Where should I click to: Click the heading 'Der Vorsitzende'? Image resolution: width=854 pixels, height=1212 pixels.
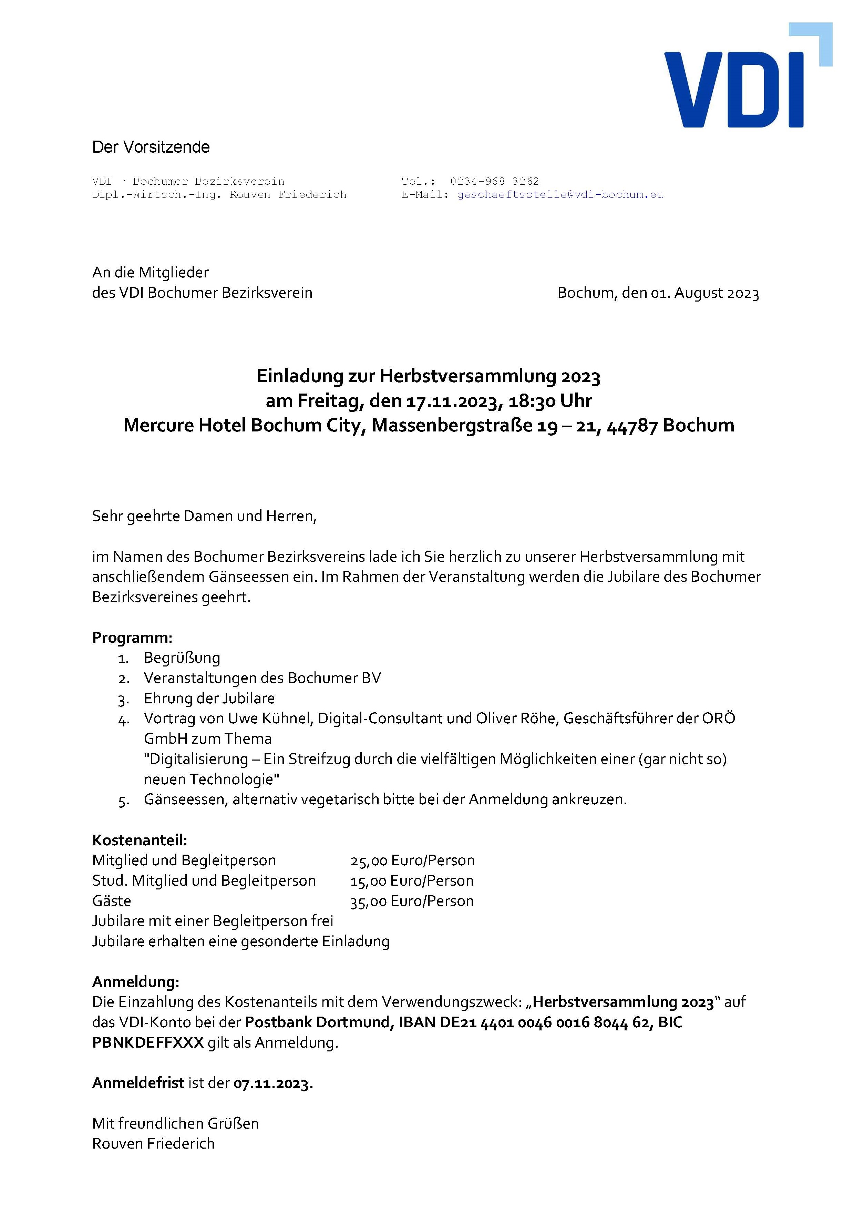coord(151,147)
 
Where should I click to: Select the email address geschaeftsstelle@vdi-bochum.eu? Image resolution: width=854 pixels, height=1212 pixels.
coord(559,195)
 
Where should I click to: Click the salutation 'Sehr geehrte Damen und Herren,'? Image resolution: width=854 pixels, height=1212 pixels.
coord(204,516)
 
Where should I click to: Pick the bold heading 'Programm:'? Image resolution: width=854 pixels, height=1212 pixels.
coord(132,638)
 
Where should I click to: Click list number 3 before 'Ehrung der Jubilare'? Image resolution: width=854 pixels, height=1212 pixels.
coord(124,700)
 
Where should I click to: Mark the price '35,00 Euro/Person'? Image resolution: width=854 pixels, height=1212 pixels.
coord(412,901)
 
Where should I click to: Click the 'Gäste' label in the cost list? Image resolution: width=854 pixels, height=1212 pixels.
coord(111,901)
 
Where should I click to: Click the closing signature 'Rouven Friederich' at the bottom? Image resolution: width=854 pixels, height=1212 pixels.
coord(153,1144)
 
